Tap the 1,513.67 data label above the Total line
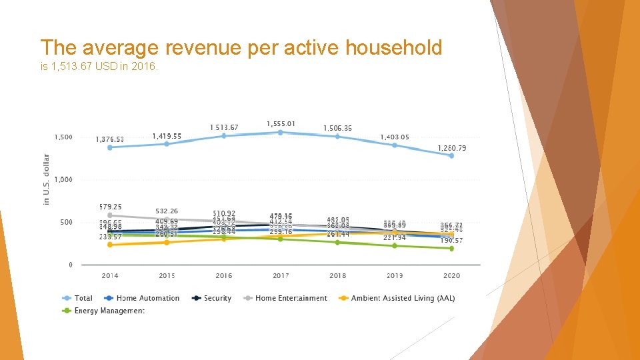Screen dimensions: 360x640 [x=224, y=127]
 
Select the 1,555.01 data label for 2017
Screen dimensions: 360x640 [x=281, y=123]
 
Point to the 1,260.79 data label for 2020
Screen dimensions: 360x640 [x=451, y=147]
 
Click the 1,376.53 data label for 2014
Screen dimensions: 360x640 [x=109, y=139]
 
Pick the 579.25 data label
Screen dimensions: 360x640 [x=110, y=207]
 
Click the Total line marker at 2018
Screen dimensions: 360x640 [x=337, y=137]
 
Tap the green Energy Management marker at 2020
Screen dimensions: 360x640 [x=451, y=248]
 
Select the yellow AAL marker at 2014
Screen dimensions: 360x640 [x=110, y=245]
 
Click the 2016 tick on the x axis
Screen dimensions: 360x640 [x=224, y=275]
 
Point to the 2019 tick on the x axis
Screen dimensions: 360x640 [x=394, y=275]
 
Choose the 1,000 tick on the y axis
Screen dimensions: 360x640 [x=63, y=179]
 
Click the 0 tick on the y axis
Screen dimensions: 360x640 [x=70, y=265]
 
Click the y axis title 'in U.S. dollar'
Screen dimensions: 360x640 [x=47, y=179]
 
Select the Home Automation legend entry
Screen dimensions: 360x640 [x=147, y=298]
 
